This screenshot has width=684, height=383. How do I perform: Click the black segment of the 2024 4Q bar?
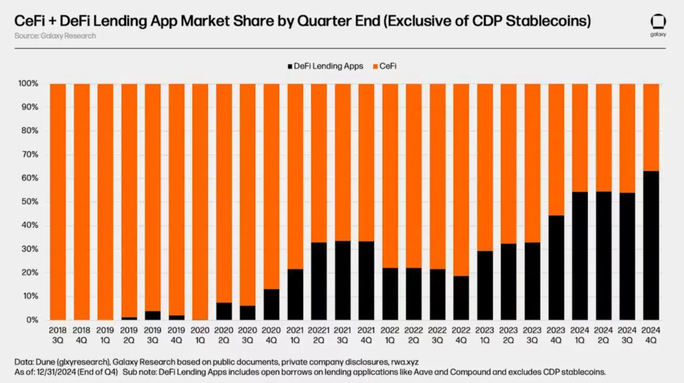651,246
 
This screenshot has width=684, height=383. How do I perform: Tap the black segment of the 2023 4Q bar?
556,267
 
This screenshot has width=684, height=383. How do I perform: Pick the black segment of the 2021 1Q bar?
295,294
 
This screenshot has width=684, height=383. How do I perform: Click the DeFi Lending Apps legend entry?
325,66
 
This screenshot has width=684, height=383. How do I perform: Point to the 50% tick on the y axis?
30,202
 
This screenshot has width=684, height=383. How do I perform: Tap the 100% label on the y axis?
28,84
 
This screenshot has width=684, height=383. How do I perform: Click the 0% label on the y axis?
32,320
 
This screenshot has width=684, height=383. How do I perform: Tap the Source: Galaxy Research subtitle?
55,35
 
